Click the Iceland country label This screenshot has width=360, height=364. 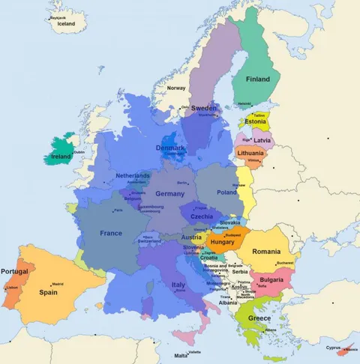coord(66,23)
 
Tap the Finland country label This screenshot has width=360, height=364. coord(258,79)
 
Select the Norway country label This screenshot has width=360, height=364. coord(176,88)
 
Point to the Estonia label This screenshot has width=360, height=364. coord(255,122)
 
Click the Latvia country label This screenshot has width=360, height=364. coord(262,140)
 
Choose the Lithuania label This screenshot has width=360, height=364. coord(250,153)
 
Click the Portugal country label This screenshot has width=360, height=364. coord(14,271)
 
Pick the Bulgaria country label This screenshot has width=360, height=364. coord(270,279)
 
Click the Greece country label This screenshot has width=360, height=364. coord(259,318)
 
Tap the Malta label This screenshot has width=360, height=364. coord(181,356)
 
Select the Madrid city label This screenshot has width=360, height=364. coord(58,284)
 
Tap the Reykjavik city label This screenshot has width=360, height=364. coord(58,16)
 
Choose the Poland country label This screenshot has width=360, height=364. coord(226,192)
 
